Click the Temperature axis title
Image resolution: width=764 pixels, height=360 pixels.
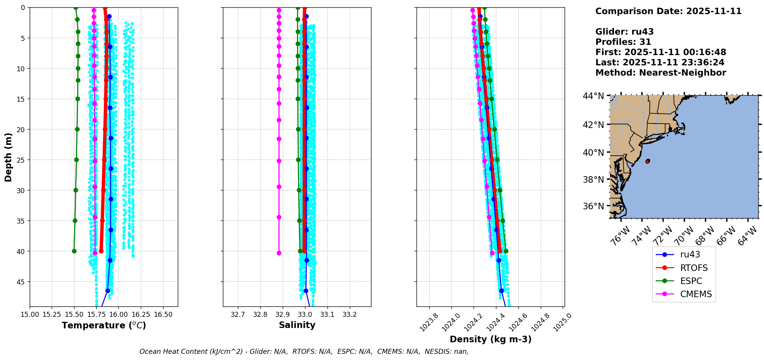[x=104, y=325]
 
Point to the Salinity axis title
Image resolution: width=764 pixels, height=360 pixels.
[x=297, y=325]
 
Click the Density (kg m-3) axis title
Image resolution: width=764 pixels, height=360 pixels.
[x=491, y=339]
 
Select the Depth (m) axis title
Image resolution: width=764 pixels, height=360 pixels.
[x=8, y=157]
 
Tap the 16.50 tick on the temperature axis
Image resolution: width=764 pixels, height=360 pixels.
[x=163, y=315]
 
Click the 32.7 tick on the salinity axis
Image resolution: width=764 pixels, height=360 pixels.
[x=238, y=315]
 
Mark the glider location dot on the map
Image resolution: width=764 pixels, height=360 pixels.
[x=648, y=161]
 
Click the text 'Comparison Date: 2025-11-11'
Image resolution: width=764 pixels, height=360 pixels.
[x=668, y=11]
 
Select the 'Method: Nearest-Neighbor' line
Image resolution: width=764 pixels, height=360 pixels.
[x=661, y=73]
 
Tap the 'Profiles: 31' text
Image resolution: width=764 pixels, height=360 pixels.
[x=623, y=42]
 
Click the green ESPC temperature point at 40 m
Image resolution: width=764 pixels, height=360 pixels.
[x=74, y=251]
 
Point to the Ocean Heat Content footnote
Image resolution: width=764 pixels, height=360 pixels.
[x=304, y=352]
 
